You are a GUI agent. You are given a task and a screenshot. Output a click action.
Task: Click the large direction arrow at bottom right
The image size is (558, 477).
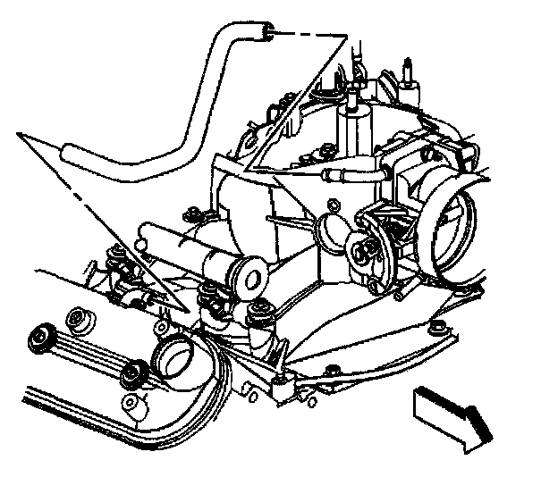coord(452,415)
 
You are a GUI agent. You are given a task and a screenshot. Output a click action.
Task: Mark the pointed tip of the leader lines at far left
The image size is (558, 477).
coord(20,134)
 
